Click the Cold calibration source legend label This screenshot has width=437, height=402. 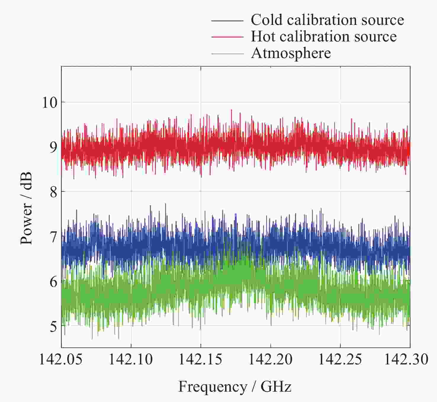(327, 20)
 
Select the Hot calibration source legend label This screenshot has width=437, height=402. (324, 37)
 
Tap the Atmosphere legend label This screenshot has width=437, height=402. (291, 53)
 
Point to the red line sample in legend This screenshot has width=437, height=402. (227, 37)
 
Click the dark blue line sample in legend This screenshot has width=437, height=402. (227, 21)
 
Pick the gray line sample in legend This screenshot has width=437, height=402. (227, 54)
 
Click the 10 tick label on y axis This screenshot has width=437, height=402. (49, 103)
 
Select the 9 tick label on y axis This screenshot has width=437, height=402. (53, 147)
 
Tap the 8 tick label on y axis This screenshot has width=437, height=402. (53, 192)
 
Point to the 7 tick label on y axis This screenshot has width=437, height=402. (53, 237)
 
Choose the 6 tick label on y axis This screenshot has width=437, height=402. (53, 282)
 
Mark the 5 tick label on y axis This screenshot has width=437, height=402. (53, 327)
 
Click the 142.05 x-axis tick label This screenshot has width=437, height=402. (61, 359)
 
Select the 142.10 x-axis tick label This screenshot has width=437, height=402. (131, 359)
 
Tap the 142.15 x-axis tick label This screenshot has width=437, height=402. (200, 359)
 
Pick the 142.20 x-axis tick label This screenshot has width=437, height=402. (270, 359)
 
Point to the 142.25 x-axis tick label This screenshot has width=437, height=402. (340, 359)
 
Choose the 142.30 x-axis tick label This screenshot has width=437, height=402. (406, 359)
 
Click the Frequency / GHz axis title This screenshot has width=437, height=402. (235, 387)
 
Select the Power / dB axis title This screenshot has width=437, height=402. (26, 209)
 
